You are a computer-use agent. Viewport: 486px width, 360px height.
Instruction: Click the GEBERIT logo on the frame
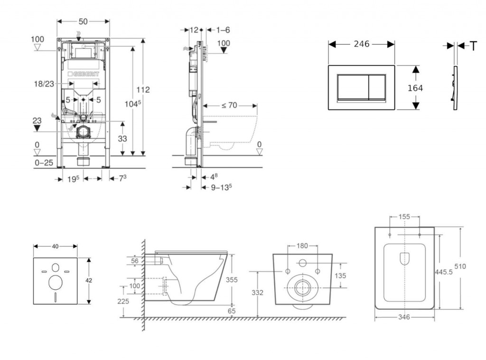click(x=86, y=75)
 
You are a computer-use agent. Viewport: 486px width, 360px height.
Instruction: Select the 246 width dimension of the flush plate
click(x=362, y=44)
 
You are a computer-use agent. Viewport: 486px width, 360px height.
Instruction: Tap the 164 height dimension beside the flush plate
click(x=415, y=88)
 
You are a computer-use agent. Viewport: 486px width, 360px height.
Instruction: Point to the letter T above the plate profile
click(x=473, y=46)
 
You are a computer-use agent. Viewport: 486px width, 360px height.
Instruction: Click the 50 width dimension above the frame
click(x=83, y=22)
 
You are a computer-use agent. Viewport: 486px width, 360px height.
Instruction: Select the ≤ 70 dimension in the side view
click(x=229, y=105)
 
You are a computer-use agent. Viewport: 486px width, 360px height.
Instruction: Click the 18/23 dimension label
click(x=43, y=84)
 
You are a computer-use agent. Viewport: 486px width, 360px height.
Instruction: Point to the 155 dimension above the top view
click(x=404, y=217)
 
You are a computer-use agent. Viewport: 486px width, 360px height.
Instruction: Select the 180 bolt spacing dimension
click(x=302, y=246)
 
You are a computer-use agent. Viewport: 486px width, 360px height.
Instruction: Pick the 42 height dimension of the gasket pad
click(x=89, y=280)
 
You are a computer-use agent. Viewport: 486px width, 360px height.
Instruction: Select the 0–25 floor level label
click(x=44, y=162)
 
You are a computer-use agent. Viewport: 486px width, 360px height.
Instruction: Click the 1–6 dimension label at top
click(x=223, y=30)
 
